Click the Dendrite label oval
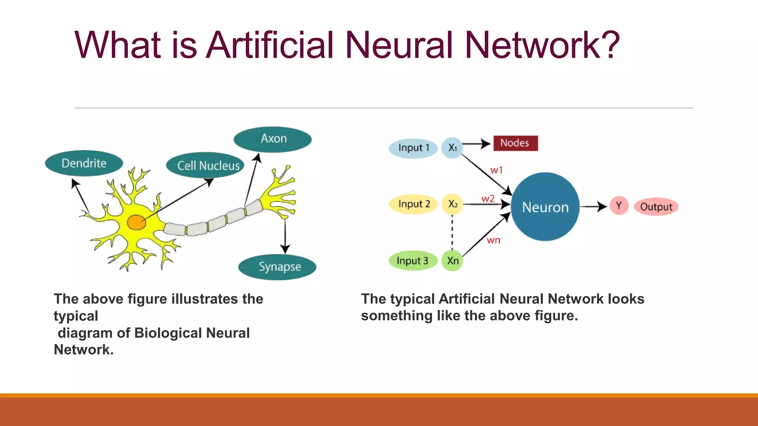tap(84, 163)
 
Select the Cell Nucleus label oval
tap(205, 165)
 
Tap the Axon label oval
tap(273, 139)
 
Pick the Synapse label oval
tap(278, 267)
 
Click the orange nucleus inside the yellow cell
tap(136, 222)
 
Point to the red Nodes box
tap(515, 143)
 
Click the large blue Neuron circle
tap(545, 207)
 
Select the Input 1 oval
tap(413, 148)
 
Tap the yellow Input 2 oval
tap(413, 204)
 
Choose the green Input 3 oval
tap(413, 261)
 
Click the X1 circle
tap(452, 148)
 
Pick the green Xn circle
tap(452, 261)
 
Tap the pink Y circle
tap(619, 206)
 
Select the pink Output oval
tap(656, 207)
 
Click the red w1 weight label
tap(496, 170)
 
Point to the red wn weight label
tap(493, 240)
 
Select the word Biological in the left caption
tap(168, 333)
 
